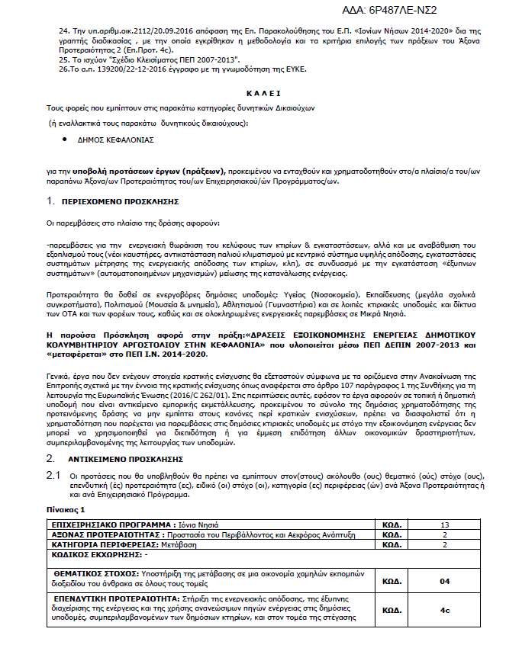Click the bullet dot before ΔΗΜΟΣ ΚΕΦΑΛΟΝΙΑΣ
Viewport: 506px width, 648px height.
[71, 140]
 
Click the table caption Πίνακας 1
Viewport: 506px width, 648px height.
[66, 508]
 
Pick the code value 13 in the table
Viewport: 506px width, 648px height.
[445, 525]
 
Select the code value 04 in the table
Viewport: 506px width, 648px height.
[445, 581]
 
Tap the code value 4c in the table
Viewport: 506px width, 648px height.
[445, 611]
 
